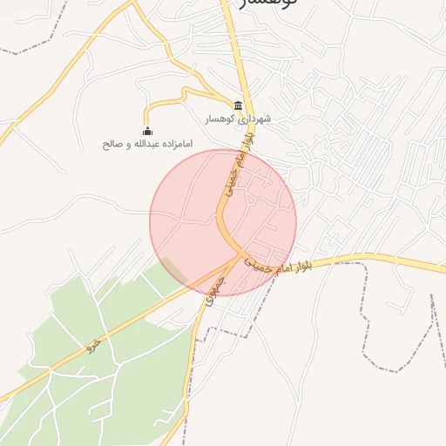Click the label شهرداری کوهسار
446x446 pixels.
239,119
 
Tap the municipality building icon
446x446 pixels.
239,105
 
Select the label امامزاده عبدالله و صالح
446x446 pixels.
147,143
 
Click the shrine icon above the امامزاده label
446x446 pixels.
146,132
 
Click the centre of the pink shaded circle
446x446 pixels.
223,222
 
